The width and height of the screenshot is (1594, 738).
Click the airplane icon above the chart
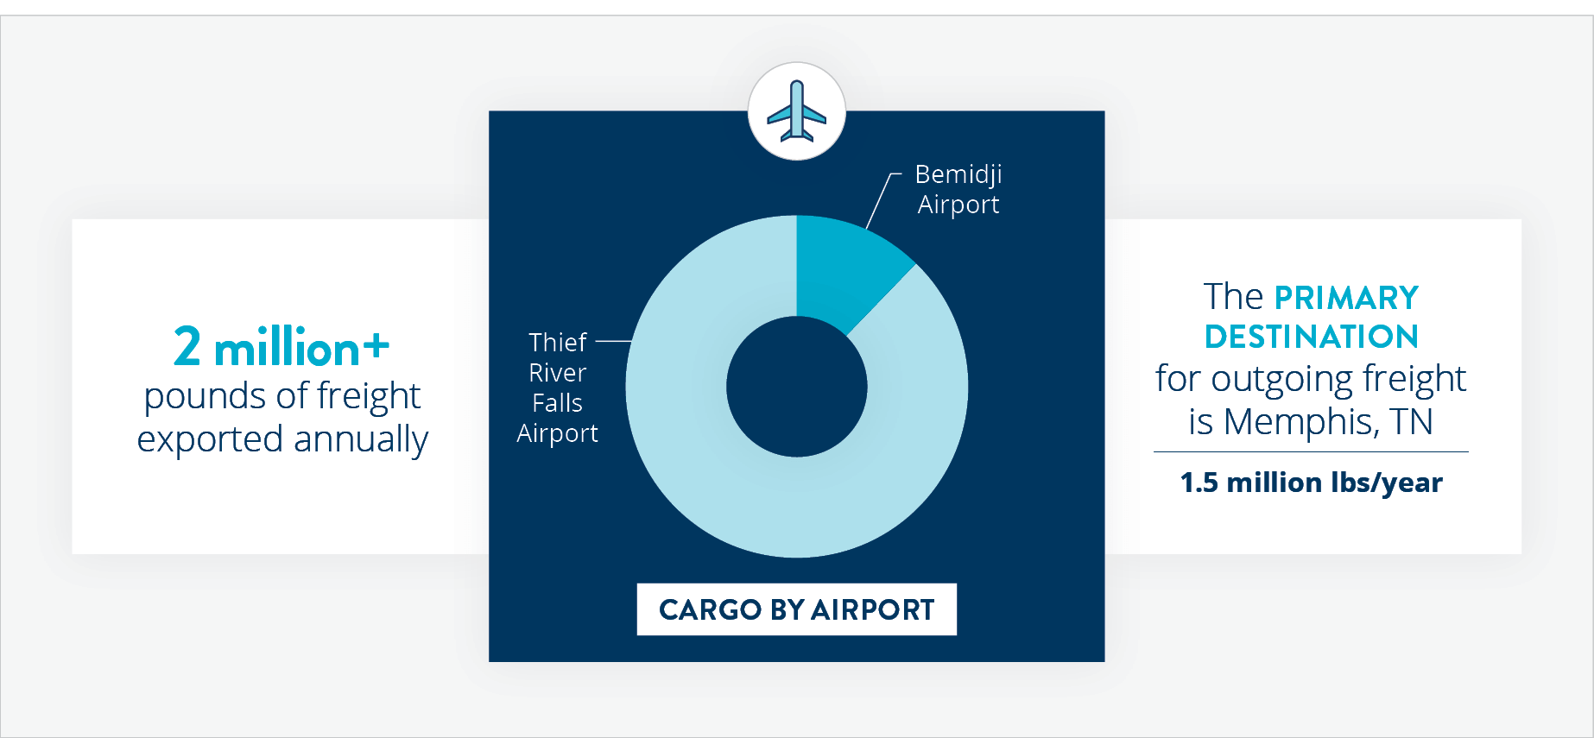(796, 111)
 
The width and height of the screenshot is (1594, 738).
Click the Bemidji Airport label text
(958, 189)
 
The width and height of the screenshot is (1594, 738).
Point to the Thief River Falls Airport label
(558, 388)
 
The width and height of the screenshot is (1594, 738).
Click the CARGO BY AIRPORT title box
(796, 609)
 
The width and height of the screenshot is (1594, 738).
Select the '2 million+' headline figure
(281, 347)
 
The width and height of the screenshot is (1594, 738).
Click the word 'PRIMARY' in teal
(1346, 298)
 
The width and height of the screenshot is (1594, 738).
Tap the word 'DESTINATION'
(1311, 337)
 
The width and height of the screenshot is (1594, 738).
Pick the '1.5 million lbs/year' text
(1311, 483)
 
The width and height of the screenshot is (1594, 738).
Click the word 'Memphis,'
(1301, 422)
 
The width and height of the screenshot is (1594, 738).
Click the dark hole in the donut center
(796, 387)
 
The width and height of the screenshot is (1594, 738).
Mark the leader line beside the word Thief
(613, 341)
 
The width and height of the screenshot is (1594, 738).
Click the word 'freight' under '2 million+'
(369, 396)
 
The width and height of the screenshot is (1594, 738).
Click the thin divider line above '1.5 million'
(1311, 451)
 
